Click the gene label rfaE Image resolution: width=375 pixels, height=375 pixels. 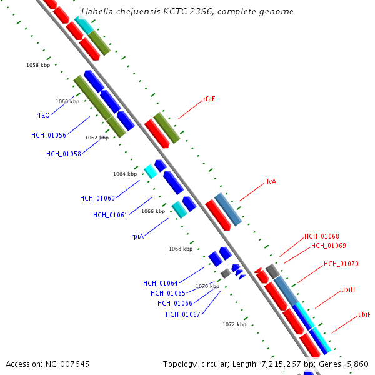point(209,99)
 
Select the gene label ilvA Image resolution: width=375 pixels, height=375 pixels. point(271,181)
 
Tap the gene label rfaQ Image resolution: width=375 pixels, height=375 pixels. point(43,115)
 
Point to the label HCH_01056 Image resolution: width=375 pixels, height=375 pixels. point(48,135)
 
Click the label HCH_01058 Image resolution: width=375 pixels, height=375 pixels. point(63,154)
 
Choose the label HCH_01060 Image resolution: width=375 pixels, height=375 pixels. point(97,198)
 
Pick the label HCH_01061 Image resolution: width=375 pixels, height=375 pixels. point(110,215)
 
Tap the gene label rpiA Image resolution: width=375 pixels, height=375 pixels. point(137,236)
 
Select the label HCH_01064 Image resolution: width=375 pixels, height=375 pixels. point(160,283)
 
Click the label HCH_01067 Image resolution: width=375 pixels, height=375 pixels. point(182,314)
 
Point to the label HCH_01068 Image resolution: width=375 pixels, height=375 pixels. point(321,236)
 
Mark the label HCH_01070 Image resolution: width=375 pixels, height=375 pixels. point(341,264)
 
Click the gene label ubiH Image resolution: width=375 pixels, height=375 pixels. point(348,290)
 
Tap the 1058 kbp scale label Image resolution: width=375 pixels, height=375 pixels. point(38,65)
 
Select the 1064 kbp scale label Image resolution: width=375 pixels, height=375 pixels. point(124,174)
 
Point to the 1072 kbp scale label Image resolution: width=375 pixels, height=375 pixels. point(234,324)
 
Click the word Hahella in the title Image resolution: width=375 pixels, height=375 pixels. point(96,12)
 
